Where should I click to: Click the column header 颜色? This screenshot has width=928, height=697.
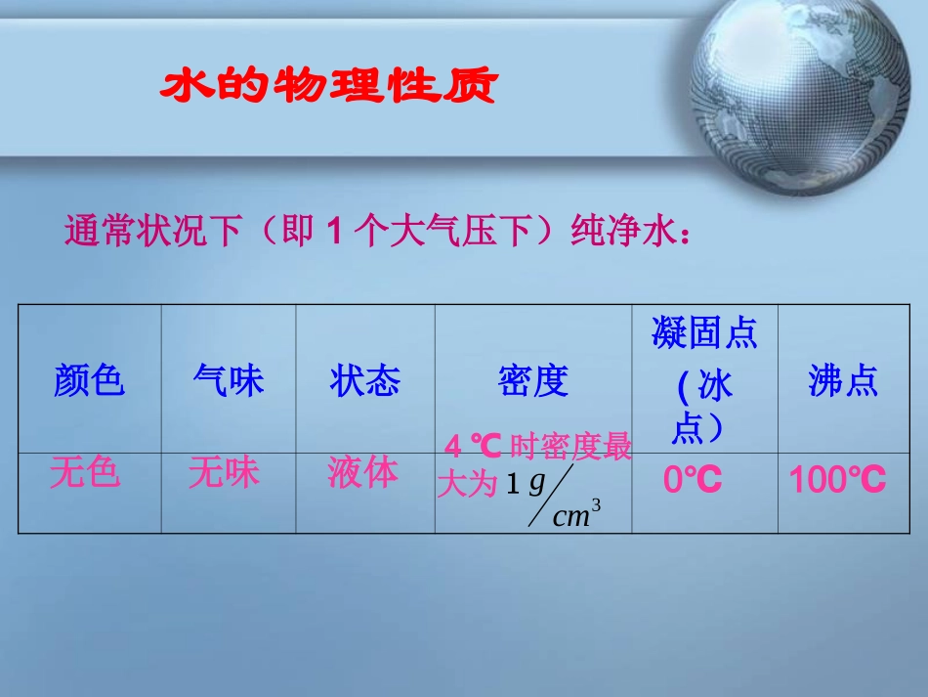[90, 380]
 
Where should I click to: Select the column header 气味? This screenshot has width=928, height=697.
[229, 380]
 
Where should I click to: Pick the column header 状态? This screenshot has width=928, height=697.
[365, 380]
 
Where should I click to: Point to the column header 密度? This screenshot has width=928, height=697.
[533, 380]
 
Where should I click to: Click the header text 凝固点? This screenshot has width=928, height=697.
[704, 334]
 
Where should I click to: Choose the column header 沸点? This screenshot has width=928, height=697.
[843, 380]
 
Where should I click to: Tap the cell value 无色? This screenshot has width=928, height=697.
[85, 472]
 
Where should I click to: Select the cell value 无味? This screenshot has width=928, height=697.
[225, 472]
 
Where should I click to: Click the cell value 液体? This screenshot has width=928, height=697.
[363, 472]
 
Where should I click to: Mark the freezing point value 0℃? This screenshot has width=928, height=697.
[693, 480]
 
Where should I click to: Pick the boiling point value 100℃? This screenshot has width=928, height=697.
[837, 480]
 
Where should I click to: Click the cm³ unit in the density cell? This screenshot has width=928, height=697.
[575, 515]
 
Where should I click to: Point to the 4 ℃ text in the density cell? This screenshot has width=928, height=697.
[473, 448]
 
